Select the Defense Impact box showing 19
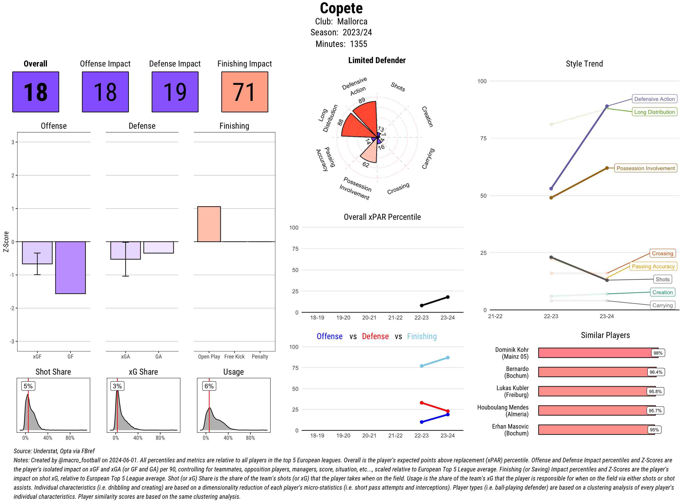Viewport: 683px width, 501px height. [x=175, y=92]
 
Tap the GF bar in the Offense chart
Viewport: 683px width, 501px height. [x=70, y=268]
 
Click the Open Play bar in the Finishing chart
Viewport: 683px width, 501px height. [x=209, y=224]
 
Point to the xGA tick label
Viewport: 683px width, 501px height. [x=125, y=357]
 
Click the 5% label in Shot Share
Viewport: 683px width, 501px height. [x=28, y=386]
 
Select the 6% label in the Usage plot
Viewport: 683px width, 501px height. [x=209, y=386]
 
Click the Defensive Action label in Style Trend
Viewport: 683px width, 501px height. [x=654, y=99]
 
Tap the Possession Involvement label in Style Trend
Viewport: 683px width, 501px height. [x=645, y=168]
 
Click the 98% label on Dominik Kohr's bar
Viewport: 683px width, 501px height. [x=658, y=353]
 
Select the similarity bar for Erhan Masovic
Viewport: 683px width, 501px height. [x=596, y=430]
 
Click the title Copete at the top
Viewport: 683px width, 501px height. [x=341, y=8]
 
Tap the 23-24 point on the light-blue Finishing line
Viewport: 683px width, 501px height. [x=448, y=358]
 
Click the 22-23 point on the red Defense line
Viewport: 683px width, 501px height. [x=422, y=403]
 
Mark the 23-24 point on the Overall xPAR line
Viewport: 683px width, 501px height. [x=448, y=297]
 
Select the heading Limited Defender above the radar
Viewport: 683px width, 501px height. [x=377, y=60]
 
